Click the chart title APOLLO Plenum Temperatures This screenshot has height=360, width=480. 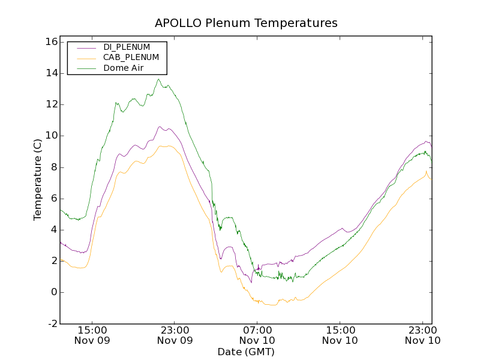click(246, 23)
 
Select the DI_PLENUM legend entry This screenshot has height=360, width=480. click(127, 47)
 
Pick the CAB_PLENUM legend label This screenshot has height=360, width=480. click(131, 58)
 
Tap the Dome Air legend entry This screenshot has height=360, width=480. click(123, 68)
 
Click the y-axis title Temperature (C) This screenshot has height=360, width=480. click(38, 180)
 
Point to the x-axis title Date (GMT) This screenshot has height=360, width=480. click(246, 352)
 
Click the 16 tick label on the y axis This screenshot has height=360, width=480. click(50, 42)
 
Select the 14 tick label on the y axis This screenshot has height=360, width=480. click(50, 73)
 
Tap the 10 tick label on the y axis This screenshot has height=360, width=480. click(50, 136)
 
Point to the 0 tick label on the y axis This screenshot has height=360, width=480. click(54, 292)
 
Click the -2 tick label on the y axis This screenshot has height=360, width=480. click(52, 323)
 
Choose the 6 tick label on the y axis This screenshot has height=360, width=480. click(54, 199)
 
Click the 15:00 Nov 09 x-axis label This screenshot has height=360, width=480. click(92, 335)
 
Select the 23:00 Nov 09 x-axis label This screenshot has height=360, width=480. click(175, 335)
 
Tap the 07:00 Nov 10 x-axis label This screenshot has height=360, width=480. click(258, 335)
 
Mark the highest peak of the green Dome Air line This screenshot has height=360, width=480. click(159, 79)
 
